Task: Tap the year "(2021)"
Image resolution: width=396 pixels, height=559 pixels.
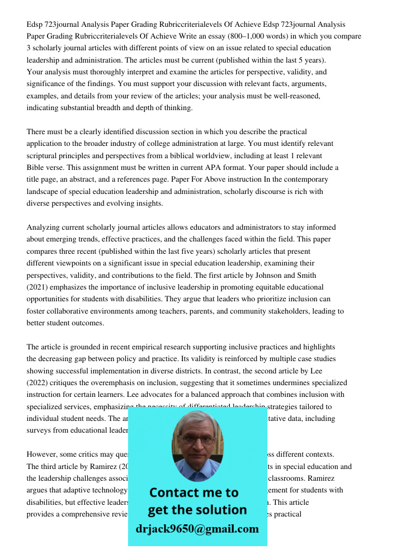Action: tap(38, 287)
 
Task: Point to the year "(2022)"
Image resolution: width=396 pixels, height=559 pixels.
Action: tap(38, 383)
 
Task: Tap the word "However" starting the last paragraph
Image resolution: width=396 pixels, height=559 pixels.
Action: tap(43, 454)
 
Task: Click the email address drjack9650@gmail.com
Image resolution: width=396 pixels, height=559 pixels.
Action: tap(197, 529)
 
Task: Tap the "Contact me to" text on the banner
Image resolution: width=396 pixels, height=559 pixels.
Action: tap(194, 492)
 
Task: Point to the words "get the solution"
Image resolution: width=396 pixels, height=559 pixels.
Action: tap(197, 510)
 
